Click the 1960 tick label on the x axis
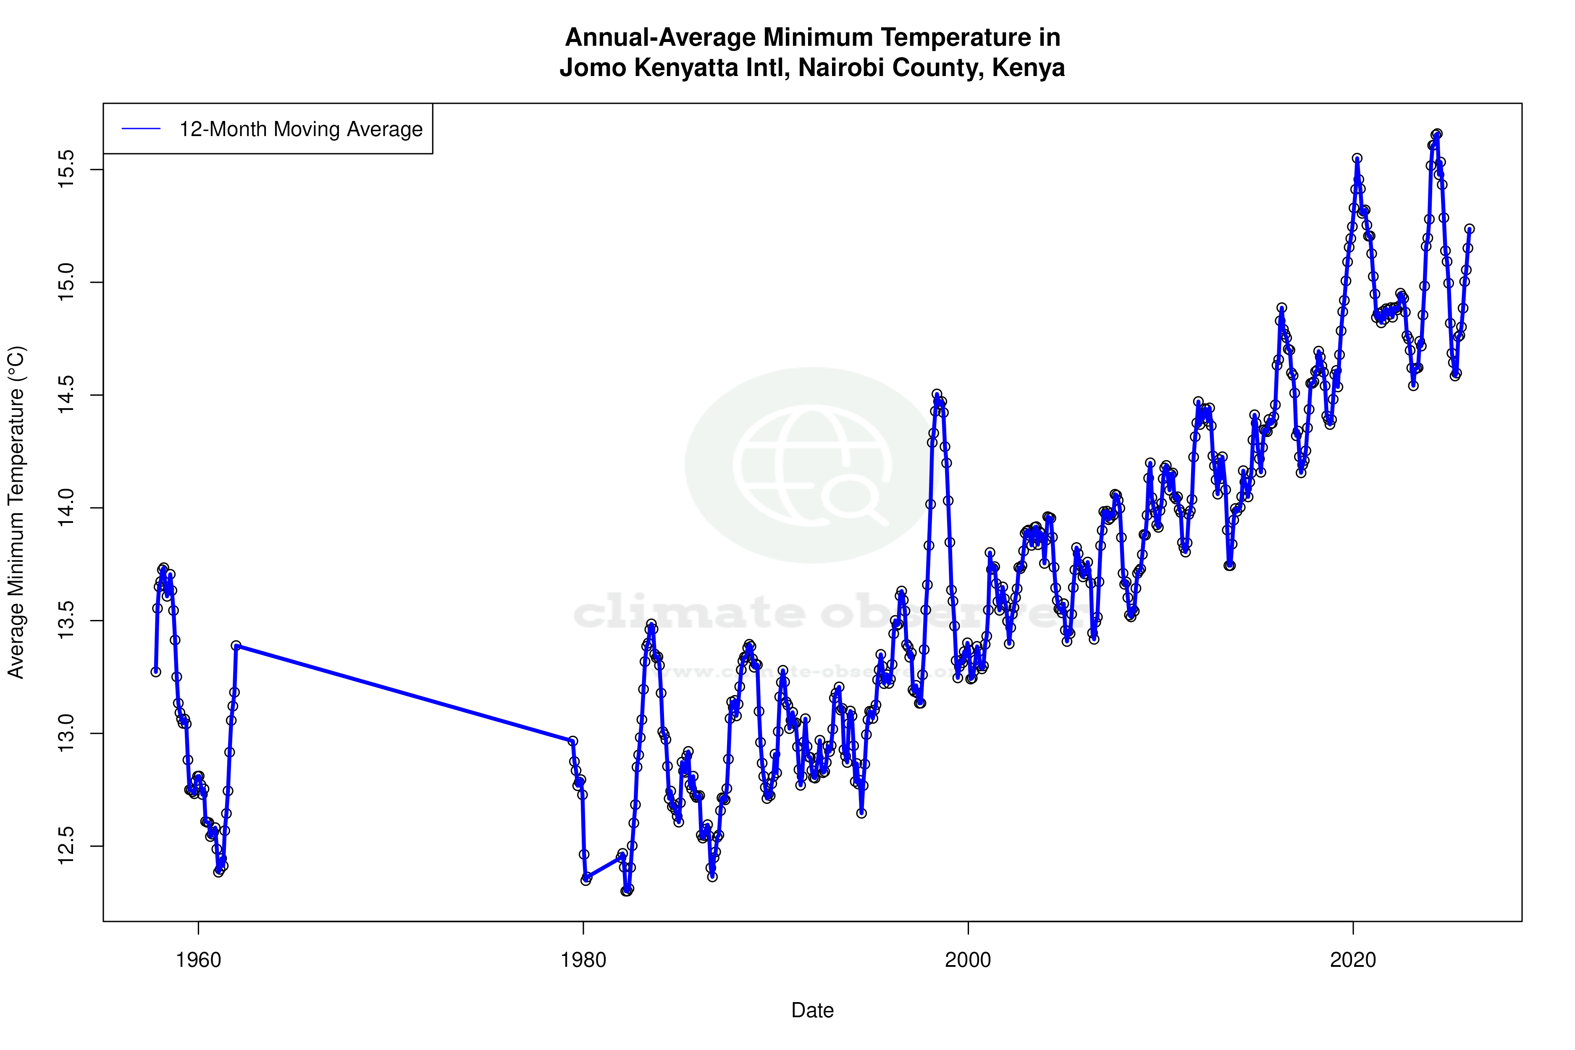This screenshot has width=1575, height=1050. pyautogui.click(x=198, y=960)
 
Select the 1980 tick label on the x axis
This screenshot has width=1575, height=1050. pyautogui.click(x=583, y=960)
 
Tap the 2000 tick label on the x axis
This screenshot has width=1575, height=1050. pyautogui.click(x=968, y=960)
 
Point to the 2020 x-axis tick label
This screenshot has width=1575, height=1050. pyautogui.click(x=1353, y=960)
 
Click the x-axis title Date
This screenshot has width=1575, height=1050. pyautogui.click(x=812, y=1011)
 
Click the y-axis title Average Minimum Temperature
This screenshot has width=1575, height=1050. pyautogui.click(x=16, y=512)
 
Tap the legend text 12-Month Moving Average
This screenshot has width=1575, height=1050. pyautogui.click(x=301, y=129)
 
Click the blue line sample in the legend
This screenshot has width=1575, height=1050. pyautogui.click(x=141, y=129)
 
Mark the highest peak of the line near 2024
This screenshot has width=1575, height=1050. pyautogui.click(x=1436, y=134)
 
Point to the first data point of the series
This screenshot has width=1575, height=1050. pyautogui.click(x=155, y=672)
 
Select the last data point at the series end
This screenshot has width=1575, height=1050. pyautogui.click(x=1469, y=229)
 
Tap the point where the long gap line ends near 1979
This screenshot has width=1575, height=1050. pyautogui.click(x=572, y=741)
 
